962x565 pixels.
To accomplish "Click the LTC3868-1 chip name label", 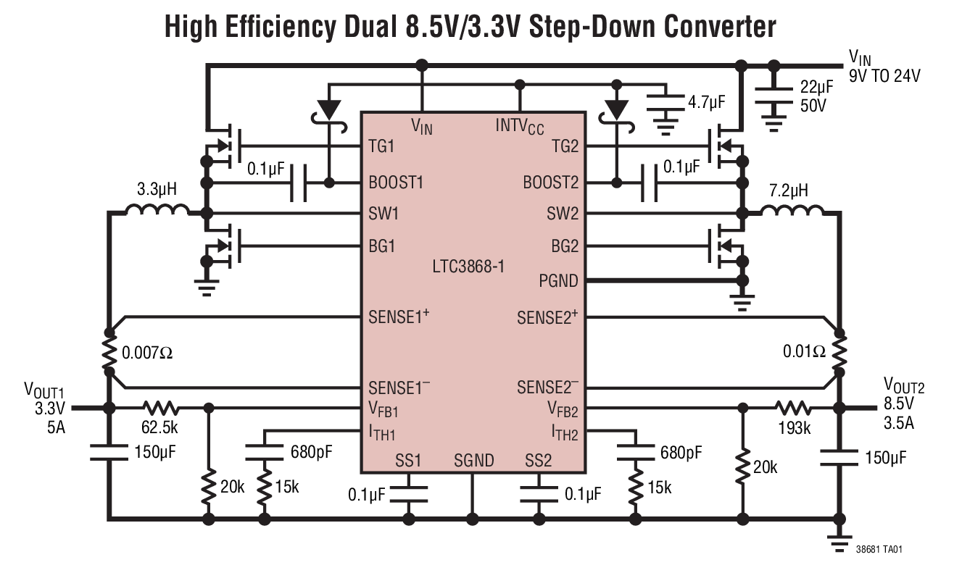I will (x=468, y=266).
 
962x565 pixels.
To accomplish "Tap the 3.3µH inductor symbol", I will (x=157, y=210).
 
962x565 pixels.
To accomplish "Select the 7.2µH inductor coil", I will (x=792, y=210).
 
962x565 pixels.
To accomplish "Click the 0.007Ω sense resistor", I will (x=109, y=353).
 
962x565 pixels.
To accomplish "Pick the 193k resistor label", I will (x=794, y=428).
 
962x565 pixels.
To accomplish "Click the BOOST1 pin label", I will (x=396, y=182).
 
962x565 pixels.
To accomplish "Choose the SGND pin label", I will (x=473, y=461).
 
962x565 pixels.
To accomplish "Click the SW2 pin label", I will (x=563, y=214).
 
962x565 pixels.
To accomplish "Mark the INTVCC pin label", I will (x=519, y=126).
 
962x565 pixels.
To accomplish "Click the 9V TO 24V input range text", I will (x=884, y=75).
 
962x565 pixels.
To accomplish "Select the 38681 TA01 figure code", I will (x=880, y=550).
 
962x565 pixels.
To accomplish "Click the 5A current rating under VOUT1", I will (x=56, y=426).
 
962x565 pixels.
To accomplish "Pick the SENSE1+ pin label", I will (x=399, y=317).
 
